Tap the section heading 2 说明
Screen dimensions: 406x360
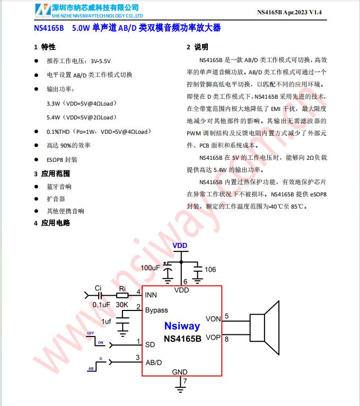[197, 47]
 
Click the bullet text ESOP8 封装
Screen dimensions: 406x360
[62, 159]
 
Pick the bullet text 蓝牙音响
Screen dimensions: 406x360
[59, 187]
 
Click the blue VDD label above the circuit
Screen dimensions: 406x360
[180, 246]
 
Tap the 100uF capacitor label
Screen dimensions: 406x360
[150, 268]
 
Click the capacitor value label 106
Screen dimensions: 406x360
[210, 270]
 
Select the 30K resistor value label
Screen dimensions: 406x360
[122, 305]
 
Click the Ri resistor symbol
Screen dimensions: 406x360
[122, 295]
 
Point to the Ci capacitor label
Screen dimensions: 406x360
[98, 288]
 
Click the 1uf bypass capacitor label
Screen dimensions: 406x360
[107, 321]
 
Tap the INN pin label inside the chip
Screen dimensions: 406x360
[151, 295]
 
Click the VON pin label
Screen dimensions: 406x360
[213, 319]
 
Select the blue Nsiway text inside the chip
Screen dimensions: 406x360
[182, 326]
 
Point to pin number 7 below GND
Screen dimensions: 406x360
[185, 381]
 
